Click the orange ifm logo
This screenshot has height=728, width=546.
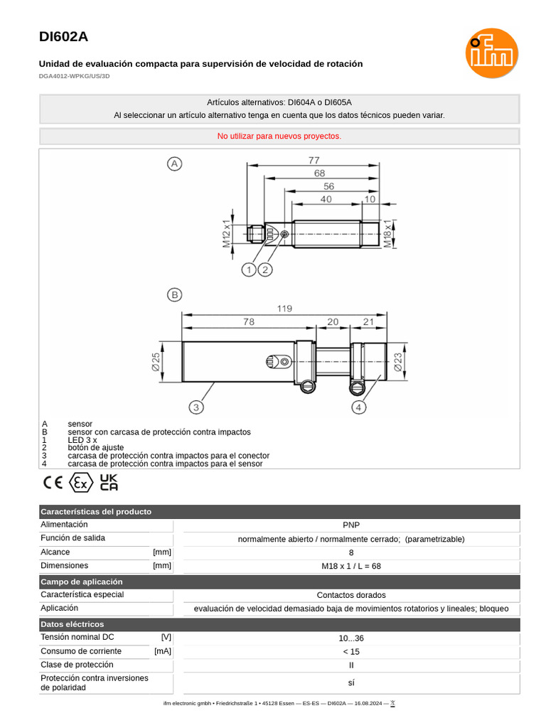(491, 53)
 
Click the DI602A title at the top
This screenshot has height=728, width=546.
(64, 37)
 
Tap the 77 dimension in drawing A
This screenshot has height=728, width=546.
(314, 161)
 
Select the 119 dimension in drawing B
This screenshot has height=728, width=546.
(284, 309)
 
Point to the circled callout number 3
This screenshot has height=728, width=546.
(196, 407)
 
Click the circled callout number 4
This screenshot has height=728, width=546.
(359, 407)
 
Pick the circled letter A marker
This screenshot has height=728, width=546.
(174, 164)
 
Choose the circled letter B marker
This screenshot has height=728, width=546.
(174, 294)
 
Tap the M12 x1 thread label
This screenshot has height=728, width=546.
(227, 234)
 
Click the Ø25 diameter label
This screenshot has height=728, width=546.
(156, 363)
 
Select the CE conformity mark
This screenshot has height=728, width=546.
(53, 483)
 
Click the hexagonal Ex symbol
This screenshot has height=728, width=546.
(81, 483)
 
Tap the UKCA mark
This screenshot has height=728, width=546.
(109, 483)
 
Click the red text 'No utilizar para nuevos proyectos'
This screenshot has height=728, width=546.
(279, 136)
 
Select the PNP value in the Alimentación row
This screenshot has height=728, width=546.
(351, 525)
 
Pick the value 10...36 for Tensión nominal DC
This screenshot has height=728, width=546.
(351, 638)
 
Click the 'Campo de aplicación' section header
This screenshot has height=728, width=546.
(82, 582)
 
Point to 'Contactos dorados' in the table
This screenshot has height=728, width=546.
(351, 595)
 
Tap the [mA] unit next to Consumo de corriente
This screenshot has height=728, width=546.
(162, 651)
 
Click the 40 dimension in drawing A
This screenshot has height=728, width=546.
(326, 200)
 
